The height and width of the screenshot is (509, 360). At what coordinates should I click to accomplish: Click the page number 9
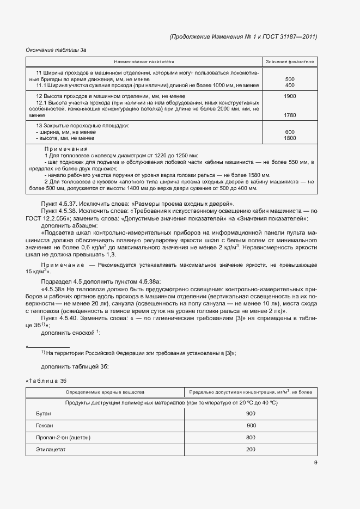click(x=315, y=463)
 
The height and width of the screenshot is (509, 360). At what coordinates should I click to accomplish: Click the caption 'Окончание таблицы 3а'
click(x=56, y=50)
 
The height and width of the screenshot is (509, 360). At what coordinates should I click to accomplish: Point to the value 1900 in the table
click(x=290, y=96)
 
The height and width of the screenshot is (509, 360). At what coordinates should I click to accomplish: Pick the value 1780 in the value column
click(x=290, y=115)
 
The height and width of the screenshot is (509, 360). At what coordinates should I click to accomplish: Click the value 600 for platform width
click(x=290, y=132)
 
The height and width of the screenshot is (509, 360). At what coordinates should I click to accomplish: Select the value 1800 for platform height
click(x=290, y=138)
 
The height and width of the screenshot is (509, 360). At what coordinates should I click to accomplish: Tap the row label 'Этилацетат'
click(x=50, y=449)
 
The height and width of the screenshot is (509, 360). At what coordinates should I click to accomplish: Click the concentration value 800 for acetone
click(x=251, y=437)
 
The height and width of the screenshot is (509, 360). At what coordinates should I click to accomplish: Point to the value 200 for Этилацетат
click(x=251, y=449)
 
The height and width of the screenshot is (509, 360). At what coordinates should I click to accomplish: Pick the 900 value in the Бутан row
click(x=251, y=414)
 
